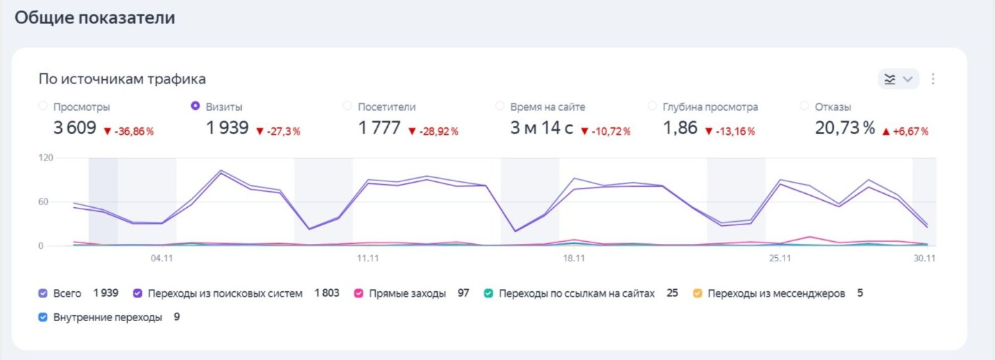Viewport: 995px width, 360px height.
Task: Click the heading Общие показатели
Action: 94,18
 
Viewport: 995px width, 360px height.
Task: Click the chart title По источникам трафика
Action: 122,79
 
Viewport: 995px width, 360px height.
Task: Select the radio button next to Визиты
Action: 195,106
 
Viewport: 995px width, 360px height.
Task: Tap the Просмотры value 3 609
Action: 74,129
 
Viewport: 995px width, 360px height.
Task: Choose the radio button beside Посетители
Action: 347,106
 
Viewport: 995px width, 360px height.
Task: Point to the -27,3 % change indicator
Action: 278,131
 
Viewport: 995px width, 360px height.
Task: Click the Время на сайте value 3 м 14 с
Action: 541,129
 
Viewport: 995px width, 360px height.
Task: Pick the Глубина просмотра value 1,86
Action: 680,129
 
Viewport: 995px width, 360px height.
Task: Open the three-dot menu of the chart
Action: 933,79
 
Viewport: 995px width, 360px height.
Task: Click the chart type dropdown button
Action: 898,79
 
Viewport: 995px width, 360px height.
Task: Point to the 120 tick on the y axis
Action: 45,158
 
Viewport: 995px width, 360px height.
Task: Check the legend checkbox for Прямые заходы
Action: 359,293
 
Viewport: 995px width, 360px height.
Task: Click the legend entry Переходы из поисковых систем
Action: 224,293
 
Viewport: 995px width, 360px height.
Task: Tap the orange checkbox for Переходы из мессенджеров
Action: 698,293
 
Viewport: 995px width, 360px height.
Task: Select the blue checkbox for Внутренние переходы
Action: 43,318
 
